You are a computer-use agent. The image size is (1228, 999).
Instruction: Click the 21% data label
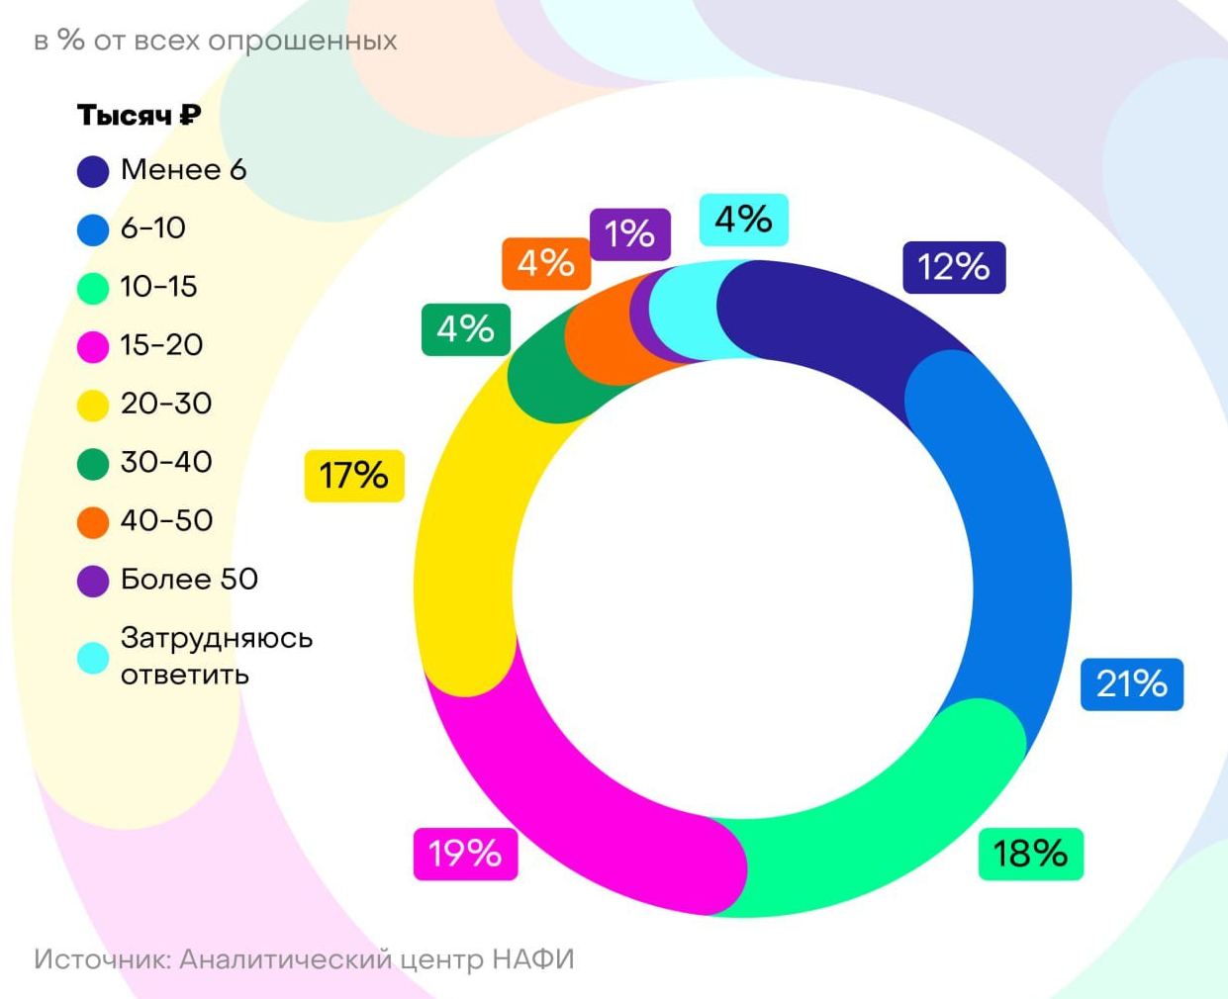click(x=1131, y=683)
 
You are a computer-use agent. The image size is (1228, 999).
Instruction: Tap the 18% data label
click(x=1030, y=853)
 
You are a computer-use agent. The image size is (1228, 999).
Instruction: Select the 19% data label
click(x=465, y=853)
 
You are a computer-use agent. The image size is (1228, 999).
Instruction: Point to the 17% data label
click(x=353, y=476)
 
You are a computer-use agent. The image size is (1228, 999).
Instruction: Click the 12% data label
click(x=954, y=267)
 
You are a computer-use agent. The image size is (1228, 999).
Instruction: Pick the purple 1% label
click(x=629, y=234)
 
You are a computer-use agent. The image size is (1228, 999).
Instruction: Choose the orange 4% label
click(x=545, y=263)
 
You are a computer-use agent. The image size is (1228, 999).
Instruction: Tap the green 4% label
click(x=465, y=328)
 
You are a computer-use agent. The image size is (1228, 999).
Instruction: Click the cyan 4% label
click(x=743, y=219)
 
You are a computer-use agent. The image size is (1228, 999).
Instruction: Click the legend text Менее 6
click(x=183, y=170)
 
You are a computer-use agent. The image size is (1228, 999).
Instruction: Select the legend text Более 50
click(x=189, y=579)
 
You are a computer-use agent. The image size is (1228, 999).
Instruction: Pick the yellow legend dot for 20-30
click(x=93, y=405)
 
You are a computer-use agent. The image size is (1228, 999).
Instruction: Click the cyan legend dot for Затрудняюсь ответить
click(x=93, y=658)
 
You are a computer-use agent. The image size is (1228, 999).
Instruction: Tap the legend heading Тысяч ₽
click(x=140, y=116)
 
